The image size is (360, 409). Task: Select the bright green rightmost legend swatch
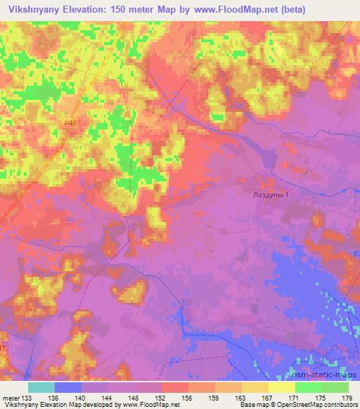click(x=335, y=387)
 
